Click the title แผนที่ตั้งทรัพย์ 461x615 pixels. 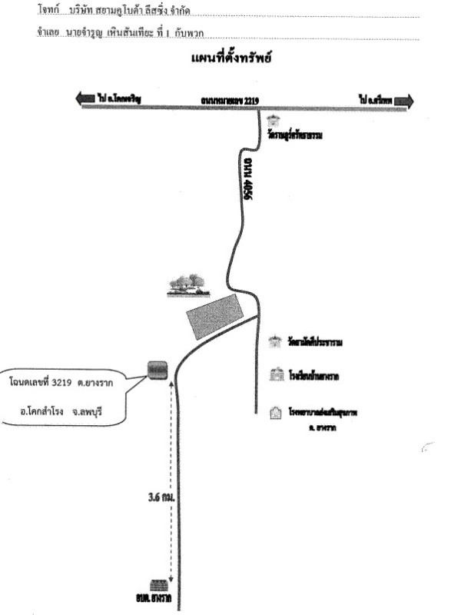tap(231, 58)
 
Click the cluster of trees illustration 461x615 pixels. tap(187, 285)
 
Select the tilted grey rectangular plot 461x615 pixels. tap(215, 317)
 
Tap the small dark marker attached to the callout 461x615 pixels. tap(158, 370)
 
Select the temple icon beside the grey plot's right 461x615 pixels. tap(274, 341)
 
